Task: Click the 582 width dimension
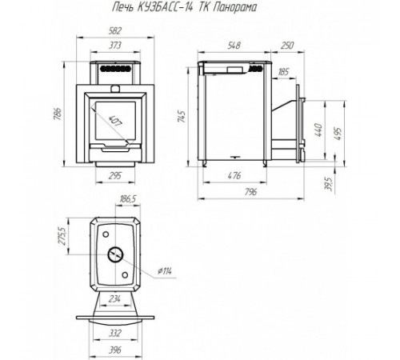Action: point(115,31)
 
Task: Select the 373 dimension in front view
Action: point(115,46)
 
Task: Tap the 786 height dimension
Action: point(58,114)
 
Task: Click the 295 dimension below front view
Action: point(115,176)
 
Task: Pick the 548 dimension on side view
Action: point(234,46)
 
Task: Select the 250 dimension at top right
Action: point(287,46)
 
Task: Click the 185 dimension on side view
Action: point(283,72)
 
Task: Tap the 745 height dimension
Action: point(182,116)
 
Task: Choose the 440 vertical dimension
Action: point(318,130)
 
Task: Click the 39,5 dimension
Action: point(330,184)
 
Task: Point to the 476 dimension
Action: point(234,176)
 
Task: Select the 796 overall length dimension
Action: point(250,192)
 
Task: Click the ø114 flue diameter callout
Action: point(165,271)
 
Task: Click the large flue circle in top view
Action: point(115,247)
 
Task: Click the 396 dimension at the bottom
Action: point(115,350)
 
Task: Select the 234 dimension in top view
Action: point(114,299)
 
